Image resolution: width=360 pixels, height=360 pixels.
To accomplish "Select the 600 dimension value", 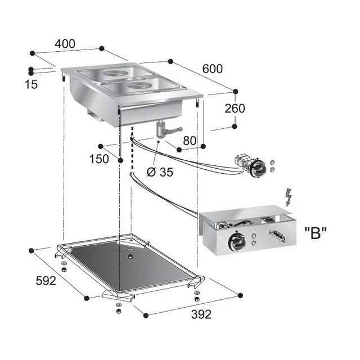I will click(212, 69).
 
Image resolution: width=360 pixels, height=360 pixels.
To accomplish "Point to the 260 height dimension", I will click(234, 108).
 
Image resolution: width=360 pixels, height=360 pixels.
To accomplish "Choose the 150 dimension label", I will click(99, 159).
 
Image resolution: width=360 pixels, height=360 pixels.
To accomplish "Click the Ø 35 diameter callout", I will click(160, 172).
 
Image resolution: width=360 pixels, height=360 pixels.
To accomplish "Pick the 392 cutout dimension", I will click(200, 314).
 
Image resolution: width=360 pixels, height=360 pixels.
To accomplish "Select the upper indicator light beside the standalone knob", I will click(273, 161).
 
